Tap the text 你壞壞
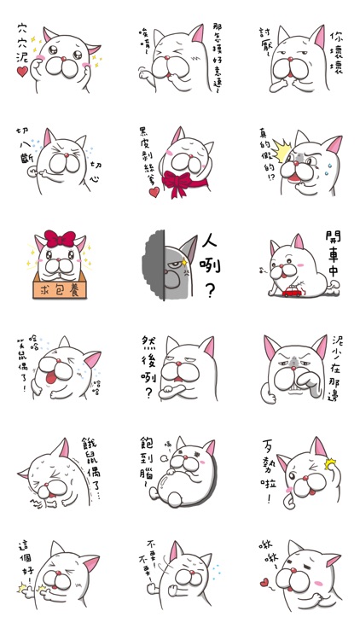pyautogui.click(x=337, y=54)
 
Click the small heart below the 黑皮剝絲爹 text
pyautogui.click(x=154, y=193)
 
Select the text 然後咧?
pyautogui.click(x=150, y=367)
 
